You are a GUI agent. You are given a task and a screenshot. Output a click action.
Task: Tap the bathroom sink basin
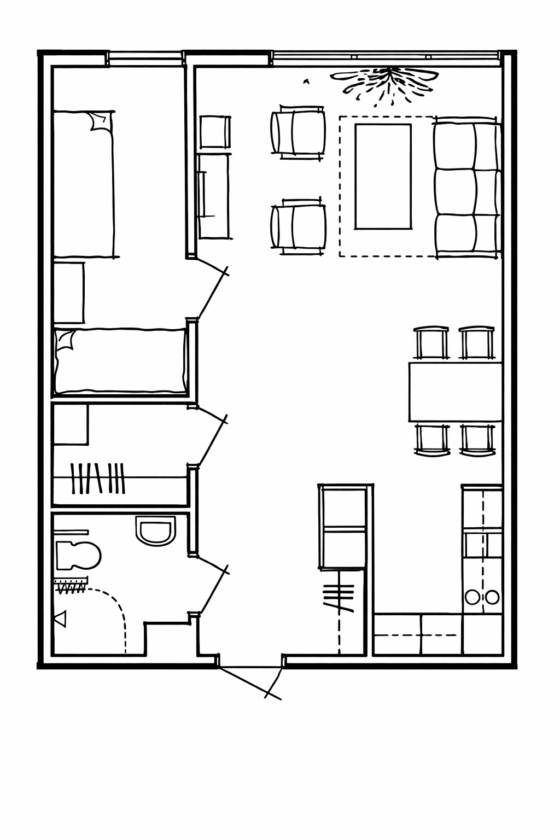click(x=155, y=531)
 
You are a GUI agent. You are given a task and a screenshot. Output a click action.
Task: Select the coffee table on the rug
click(x=383, y=176)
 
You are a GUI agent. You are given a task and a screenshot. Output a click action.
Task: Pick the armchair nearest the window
click(x=299, y=133)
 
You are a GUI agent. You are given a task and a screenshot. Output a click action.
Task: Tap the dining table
click(x=455, y=391)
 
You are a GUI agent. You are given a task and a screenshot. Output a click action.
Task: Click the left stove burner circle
click(x=471, y=597)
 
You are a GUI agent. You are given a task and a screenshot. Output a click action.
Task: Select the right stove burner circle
click(x=492, y=597)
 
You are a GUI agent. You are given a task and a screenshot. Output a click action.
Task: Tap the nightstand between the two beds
click(x=69, y=293)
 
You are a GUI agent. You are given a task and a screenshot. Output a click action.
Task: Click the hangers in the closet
click(x=98, y=478)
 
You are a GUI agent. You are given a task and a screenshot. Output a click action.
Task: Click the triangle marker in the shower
click(x=60, y=619)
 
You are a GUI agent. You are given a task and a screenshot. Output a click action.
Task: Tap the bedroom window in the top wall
click(x=145, y=55)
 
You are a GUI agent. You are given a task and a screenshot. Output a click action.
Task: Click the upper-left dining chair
click(x=431, y=342)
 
